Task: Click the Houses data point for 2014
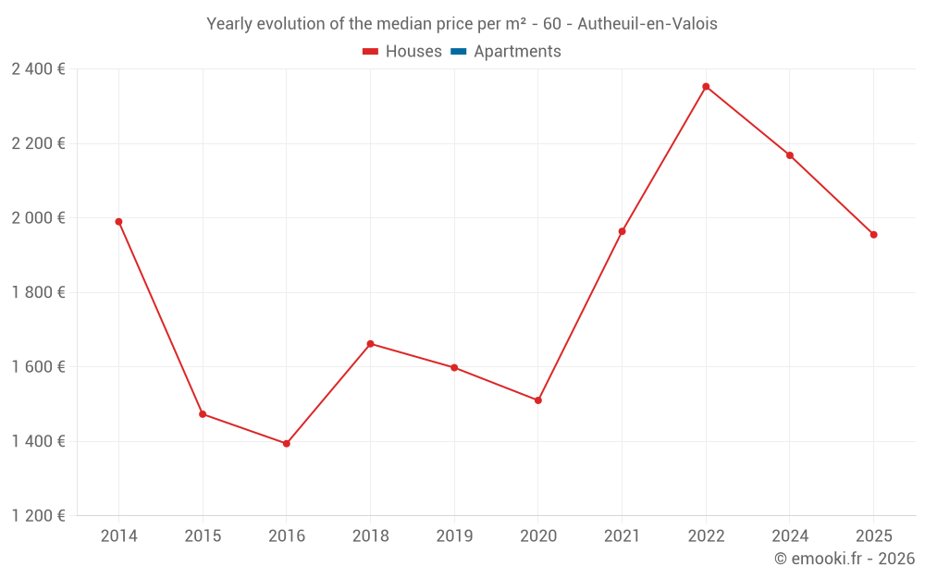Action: point(118,222)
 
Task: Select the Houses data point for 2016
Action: point(287,444)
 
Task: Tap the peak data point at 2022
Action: point(706,87)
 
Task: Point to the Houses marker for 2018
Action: point(370,344)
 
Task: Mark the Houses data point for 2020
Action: point(537,400)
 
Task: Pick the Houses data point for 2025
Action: point(873,235)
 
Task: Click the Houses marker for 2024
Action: point(790,155)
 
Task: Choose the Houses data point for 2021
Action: point(622,231)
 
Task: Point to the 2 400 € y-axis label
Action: point(38,69)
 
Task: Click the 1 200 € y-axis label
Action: point(38,516)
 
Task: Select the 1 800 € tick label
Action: point(38,292)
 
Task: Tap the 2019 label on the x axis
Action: point(454,536)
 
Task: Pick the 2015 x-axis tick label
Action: point(203,536)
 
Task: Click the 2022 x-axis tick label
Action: point(706,536)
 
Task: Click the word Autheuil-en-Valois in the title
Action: point(647,24)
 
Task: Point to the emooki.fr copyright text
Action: point(845,559)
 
